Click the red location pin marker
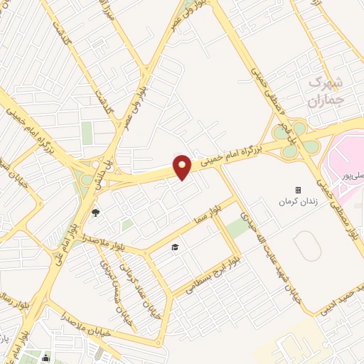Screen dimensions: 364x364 (183, 168)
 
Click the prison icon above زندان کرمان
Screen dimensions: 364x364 (298, 190)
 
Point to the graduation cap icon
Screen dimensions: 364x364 (175, 247)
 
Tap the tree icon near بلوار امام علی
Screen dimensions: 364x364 (96, 212)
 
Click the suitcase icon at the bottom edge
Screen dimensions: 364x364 (46, 358)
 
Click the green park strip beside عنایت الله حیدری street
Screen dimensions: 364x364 (239, 227)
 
